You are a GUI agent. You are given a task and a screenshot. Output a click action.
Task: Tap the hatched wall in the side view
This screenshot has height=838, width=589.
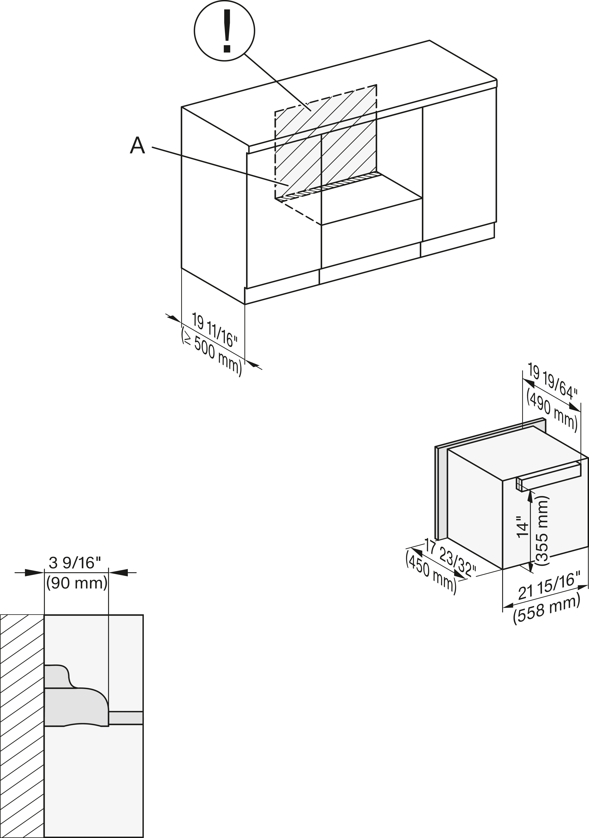tap(22, 726)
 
